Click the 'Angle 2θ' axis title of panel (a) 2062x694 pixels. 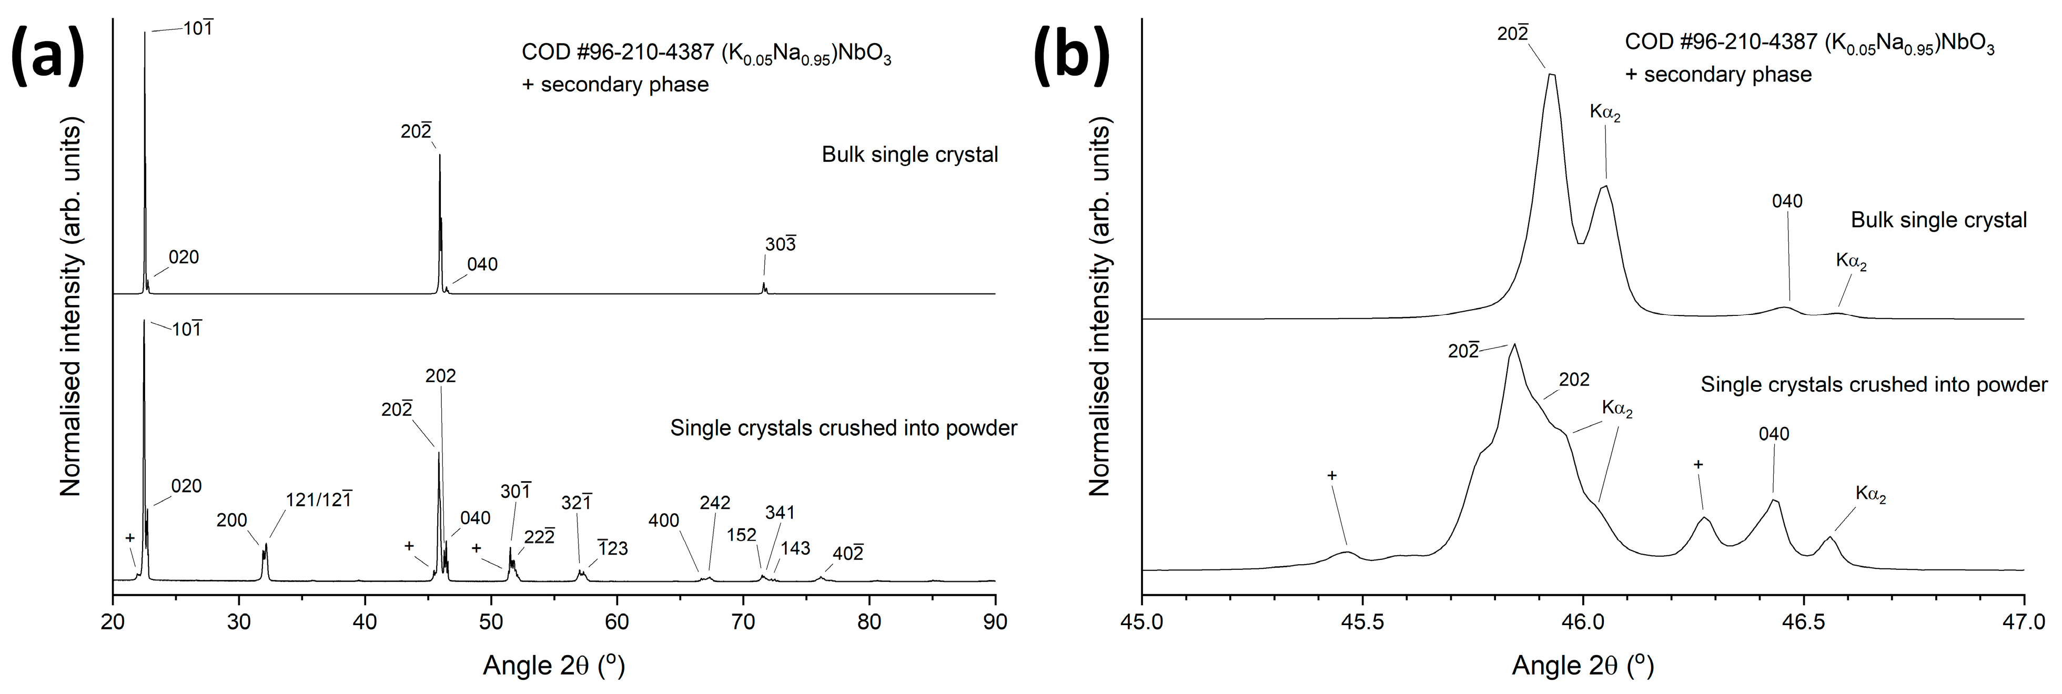click(554, 665)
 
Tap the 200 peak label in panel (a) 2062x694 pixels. click(232, 521)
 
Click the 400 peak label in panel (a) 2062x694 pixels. click(664, 521)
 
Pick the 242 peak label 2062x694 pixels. click(715, 503)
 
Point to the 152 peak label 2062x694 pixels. click(742, 535)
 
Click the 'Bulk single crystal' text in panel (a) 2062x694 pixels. click(910, 155)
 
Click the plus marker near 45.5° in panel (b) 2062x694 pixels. click(1332, 475)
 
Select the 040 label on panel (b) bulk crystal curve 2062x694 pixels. click(1787, 201)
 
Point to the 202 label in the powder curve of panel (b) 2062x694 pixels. click(1574, 380)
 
